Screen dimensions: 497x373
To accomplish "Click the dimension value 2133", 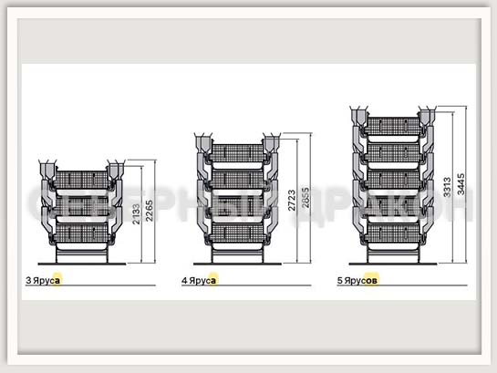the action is pyautogui.click(x=136, y=214).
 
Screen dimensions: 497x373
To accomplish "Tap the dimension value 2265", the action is pyautogui.click(x=149, y=211).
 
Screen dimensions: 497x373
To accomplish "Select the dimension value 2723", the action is pyautogui.click(x=292, y=201).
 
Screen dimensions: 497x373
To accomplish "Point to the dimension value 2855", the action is pyautogui.click(x=305, y=198).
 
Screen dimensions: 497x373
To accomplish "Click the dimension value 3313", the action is pyautogui.click(x=447, y=187).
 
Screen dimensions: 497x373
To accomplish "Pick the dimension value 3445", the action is pyautogui.click(x=461, y=184).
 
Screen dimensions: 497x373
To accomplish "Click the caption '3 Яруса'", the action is pyautogui.click(x=43, y=281).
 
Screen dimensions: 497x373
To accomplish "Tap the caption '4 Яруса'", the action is pyautogui.click(x=199, y=281).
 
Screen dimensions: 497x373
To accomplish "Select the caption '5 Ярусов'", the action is pyautogui.click(x=357, y=281).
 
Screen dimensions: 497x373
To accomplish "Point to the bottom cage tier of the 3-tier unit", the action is pyautogui.click(x=82, y=233).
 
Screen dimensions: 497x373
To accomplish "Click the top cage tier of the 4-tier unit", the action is pyautogui.click(x=238, y=153).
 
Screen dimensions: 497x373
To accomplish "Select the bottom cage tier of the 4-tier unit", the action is pyautogui.click(x=238, y=233).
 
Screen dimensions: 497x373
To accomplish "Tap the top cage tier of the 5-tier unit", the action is pyautogui.click(x=393, y=127).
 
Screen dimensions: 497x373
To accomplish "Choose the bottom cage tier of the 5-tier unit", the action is pyautogui.click(x=393, y=233).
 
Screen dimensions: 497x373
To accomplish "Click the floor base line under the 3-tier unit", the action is pyautogui.click(x=82, y=264).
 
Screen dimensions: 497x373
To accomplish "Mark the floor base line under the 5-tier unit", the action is pyautogui.click(x=393, y=264).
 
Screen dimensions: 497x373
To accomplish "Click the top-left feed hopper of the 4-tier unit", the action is pyautogui.click(x=203, y=143).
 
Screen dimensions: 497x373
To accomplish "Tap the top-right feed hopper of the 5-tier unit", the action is pyautogui.click(x=427, y=117).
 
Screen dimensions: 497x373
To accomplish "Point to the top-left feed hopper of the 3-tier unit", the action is pyautogui.click(x=47, y=171).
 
